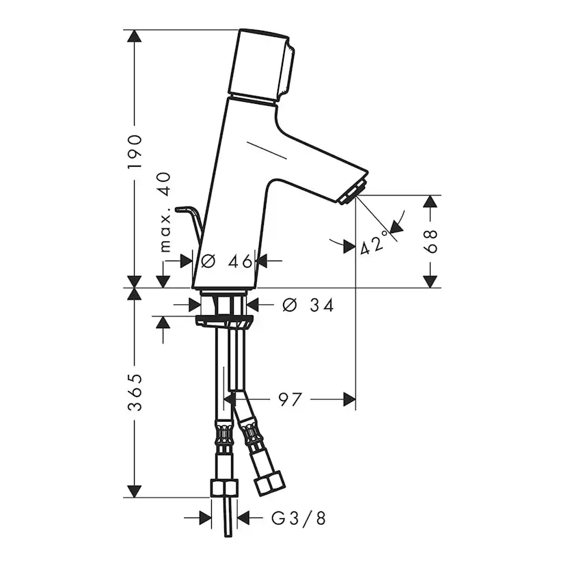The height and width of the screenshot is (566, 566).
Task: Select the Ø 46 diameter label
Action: tap(223, 260)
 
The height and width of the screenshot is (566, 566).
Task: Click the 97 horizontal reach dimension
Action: tap(290, 399)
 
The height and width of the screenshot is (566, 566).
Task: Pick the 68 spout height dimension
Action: tap(430, 241)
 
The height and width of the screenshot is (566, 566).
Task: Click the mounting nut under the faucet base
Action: tap(223, 320)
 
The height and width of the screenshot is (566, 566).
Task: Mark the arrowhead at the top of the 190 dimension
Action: tap(135, 37)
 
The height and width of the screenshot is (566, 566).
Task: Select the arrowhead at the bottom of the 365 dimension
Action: tap(135, 490)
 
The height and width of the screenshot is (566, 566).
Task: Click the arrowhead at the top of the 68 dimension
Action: tap(430, 202)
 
